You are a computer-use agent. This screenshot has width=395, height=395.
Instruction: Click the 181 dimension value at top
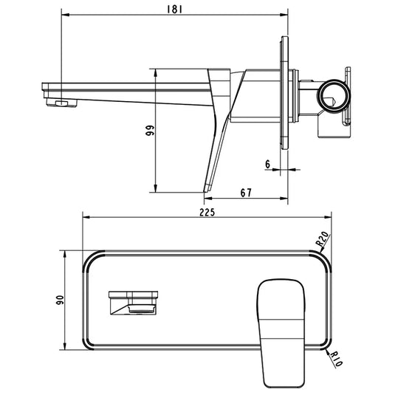174,9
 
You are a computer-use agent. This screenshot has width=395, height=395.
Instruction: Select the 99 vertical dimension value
150,131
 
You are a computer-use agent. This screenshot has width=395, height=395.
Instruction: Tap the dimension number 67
246,193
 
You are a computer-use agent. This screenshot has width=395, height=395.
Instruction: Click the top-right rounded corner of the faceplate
318,258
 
